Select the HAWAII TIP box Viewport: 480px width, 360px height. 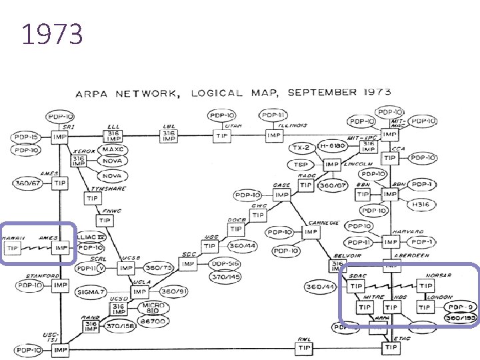tap(13, 247)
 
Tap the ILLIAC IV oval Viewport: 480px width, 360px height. tap(91, 237)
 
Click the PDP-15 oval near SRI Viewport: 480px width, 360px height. tap(25, 137)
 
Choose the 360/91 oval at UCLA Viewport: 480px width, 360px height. tap(173, 291)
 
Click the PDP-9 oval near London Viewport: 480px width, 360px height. tap(461, 307)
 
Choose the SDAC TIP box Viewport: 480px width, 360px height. tap(357, 287)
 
